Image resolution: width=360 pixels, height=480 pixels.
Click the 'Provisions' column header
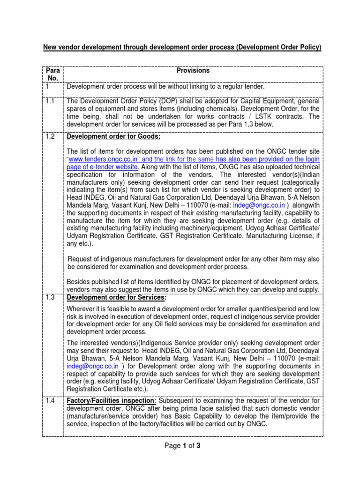(193, 71)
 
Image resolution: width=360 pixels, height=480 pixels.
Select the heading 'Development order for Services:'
(116, 298)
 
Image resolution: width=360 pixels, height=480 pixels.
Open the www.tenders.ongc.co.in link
(99, 159)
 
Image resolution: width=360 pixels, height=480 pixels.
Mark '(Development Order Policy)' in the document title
(276, 47)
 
